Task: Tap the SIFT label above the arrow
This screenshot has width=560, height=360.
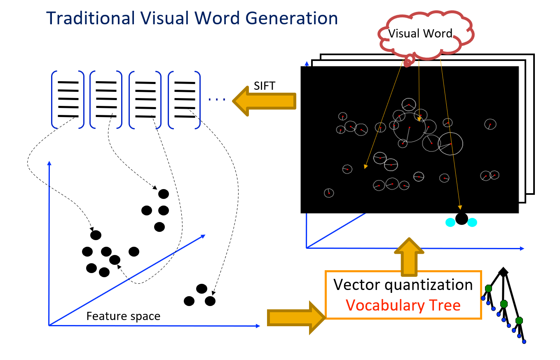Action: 264,86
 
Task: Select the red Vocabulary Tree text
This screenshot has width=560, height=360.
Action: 403,305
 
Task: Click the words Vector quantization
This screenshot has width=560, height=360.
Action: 403,285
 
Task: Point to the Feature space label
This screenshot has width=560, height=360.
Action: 123,316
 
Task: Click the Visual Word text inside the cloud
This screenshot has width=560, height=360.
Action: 420,33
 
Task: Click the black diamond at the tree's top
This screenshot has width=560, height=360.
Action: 503,271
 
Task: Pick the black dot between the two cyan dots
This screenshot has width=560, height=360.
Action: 462,219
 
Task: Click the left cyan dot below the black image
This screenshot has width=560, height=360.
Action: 450,222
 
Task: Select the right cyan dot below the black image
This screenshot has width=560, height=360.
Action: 472,222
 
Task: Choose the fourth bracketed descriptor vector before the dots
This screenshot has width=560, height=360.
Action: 184,99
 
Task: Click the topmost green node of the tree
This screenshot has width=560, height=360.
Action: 488,288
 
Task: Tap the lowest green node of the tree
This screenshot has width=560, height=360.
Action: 519,320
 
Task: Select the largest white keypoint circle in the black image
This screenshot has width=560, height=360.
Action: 409,127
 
